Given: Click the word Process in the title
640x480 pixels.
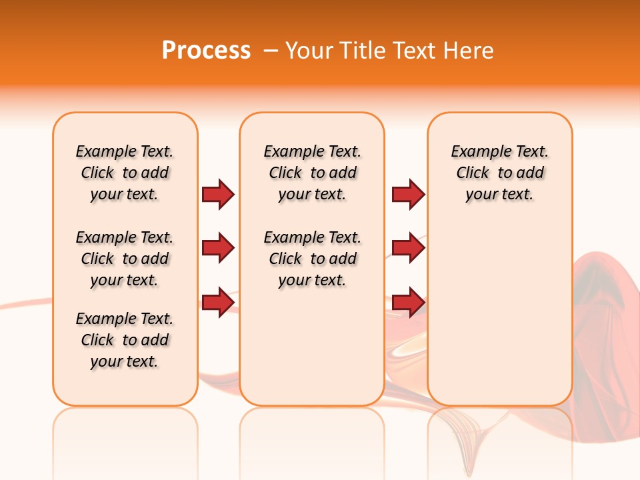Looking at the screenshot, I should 206,51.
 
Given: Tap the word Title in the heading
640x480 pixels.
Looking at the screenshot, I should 363,51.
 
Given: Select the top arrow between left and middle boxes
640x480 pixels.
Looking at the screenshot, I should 218,194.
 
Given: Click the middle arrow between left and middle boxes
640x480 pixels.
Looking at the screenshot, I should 218,248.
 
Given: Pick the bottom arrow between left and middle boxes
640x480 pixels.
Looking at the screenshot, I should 218,302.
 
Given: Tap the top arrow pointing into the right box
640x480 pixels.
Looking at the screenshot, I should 408,194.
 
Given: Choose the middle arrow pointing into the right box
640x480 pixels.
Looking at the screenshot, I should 408,248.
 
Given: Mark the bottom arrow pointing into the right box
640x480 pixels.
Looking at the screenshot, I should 408,302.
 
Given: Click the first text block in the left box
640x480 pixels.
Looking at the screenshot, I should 125,173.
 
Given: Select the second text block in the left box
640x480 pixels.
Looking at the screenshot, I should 125,259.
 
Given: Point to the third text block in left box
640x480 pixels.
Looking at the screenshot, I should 125,340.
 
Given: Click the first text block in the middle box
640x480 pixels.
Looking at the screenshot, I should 312,173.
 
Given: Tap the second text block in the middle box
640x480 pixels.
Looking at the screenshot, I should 312,259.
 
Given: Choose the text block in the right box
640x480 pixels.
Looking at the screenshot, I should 499,173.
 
